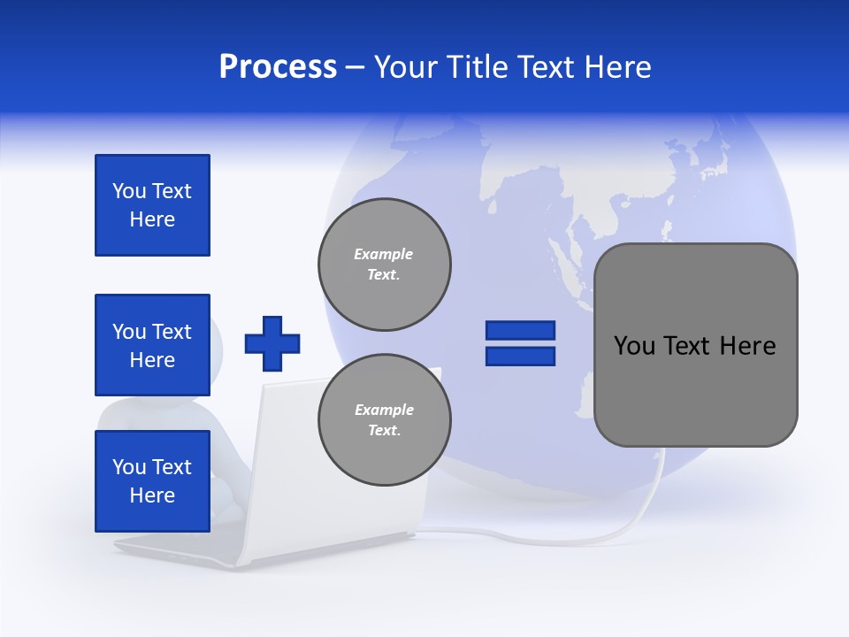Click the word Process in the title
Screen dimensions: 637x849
coord(278,67)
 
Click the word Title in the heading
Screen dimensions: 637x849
coord(477,67)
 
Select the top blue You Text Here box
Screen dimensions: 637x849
coord(152,205)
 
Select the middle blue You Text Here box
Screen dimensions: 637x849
coord(152,345)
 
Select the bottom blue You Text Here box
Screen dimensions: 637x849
coord(152,481)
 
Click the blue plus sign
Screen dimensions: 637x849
coord(272,343)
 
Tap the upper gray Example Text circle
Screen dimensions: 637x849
coord(385,265)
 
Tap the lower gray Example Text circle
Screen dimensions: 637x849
coord(385,420)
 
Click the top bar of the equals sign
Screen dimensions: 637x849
coord(520,330)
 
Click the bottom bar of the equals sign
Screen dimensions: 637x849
coord(520,356)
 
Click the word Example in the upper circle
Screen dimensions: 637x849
coord(384,254)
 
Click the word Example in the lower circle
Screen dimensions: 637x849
coord(384,410)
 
